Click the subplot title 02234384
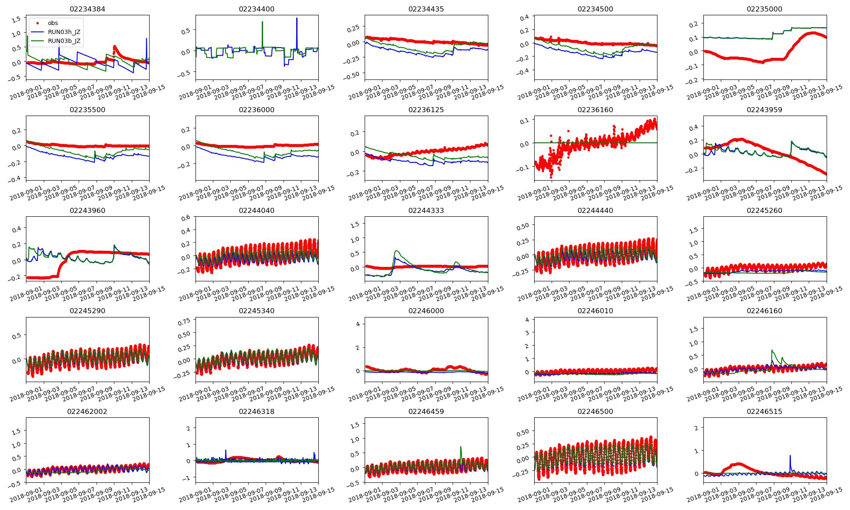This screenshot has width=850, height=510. (x=87, y=9)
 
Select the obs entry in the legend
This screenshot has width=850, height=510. (x=53, y=23)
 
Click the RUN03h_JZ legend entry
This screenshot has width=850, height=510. (x=64, y=32)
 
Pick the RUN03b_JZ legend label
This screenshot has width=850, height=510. (x=64, y=41)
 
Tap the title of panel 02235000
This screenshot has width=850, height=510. (x=764, y=9)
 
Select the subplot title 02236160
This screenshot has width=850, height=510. (x=595, y=110)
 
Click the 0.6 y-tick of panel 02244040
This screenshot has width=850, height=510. (x=186, y=218)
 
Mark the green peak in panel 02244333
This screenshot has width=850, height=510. (x=396, y=251)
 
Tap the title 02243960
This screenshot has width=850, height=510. (x=87, y=210)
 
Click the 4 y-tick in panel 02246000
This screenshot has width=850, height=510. (x=358, y=324)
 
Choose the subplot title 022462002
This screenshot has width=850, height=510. (x=87, y=411)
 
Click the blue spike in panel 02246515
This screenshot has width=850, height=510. (x=790, y=456)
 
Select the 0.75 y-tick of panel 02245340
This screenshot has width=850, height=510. (x=184, y=322)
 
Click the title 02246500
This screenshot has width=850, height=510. (x=595, y=411)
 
